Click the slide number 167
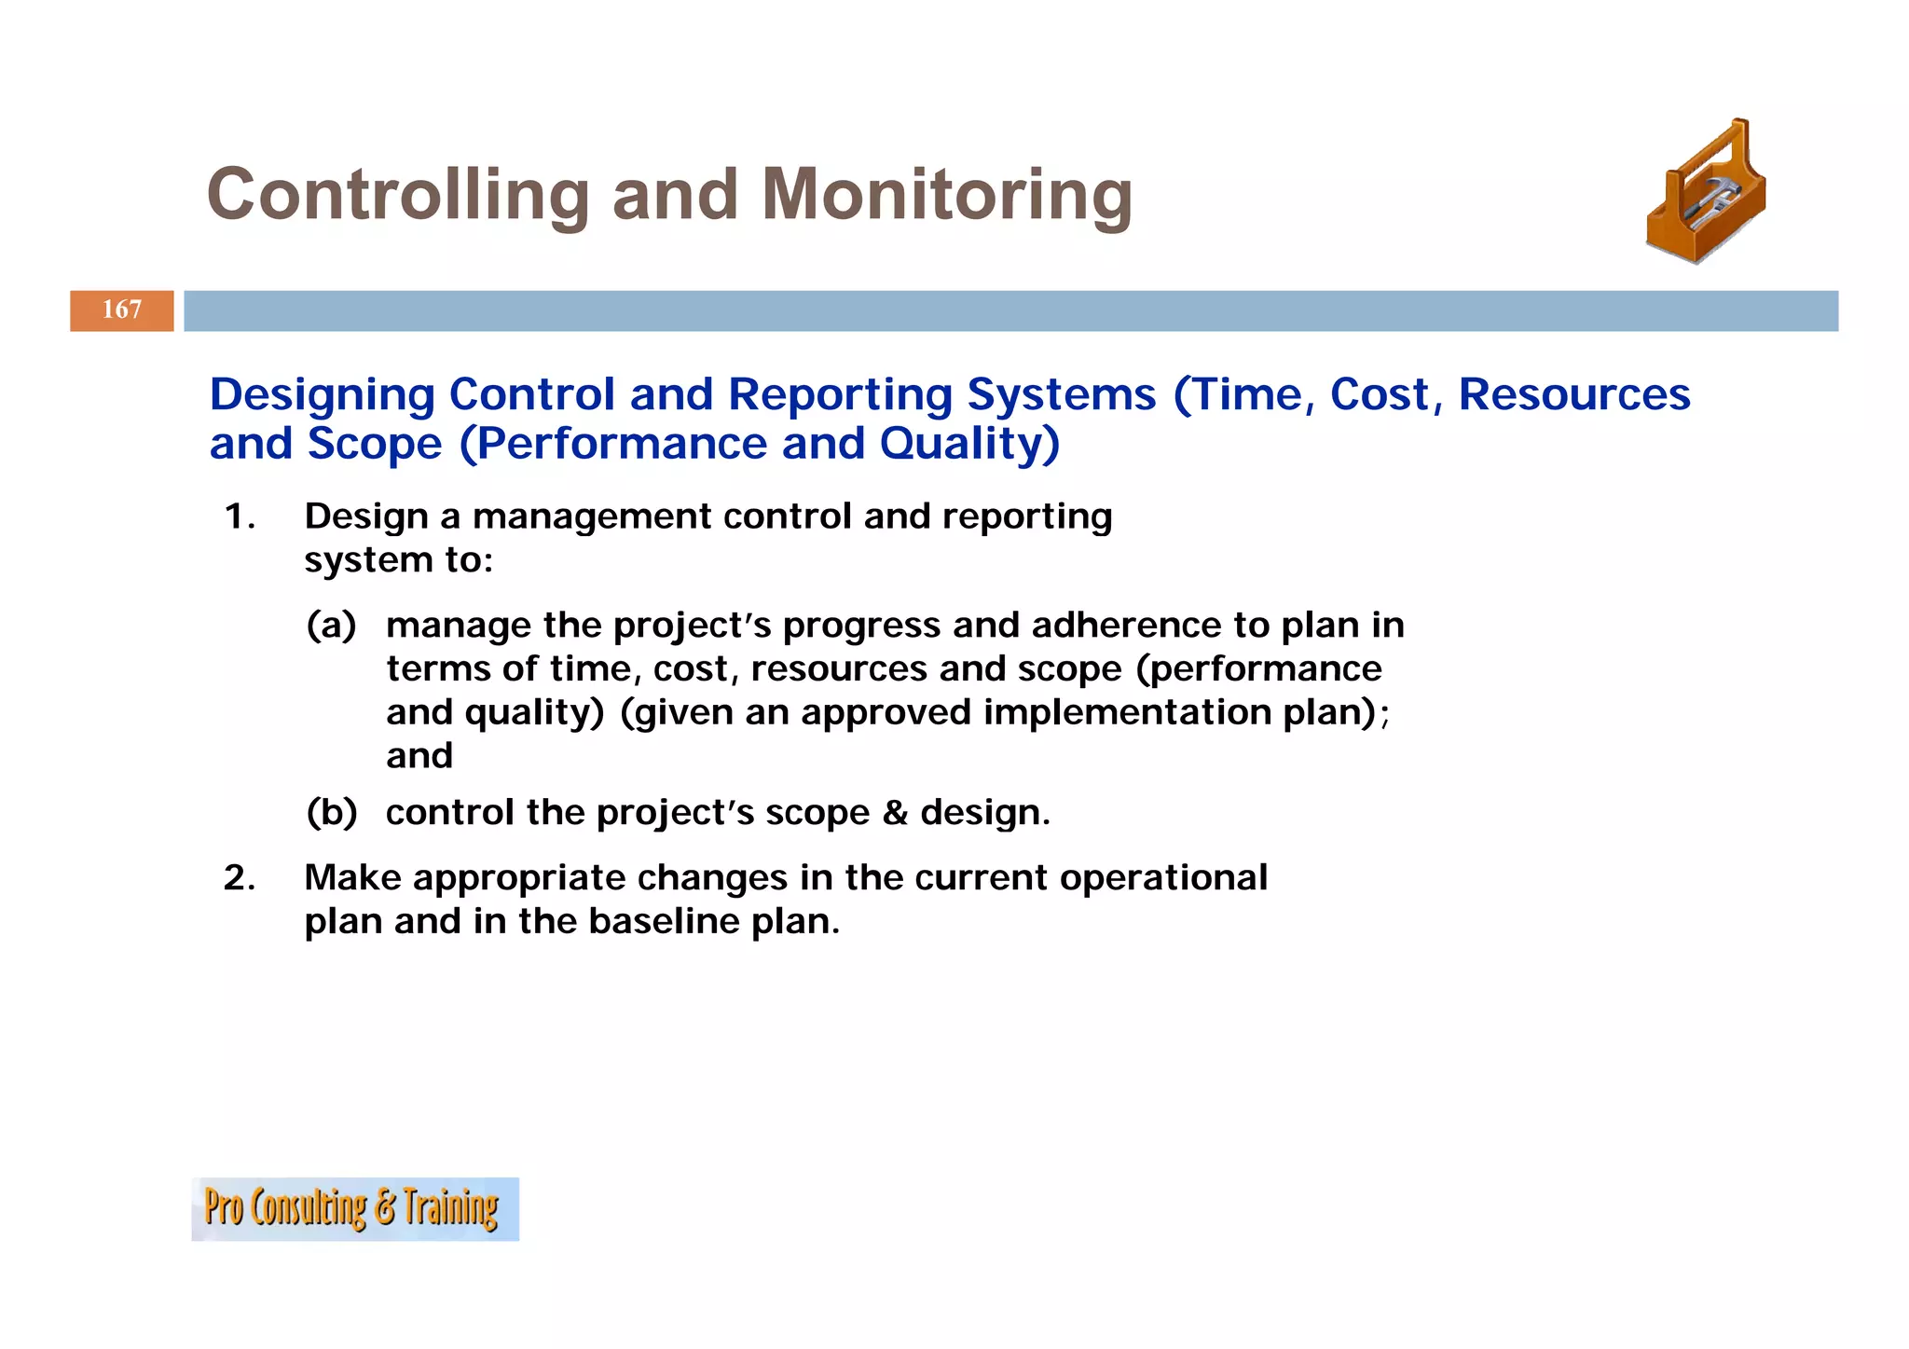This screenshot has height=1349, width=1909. point(122,310)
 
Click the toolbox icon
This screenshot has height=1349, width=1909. point(1706,193)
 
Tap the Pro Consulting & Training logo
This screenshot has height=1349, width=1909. point(354,1209)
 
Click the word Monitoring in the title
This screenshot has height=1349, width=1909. point(946,195)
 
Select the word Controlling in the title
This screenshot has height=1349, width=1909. point(398,195)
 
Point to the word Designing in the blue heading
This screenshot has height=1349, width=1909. point(322,395)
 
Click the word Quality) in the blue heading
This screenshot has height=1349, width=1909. point(969,444)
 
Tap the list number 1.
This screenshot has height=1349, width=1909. point(240,516)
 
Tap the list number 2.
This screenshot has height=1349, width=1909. point(240,878)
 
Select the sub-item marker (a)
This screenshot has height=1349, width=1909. point(332,626)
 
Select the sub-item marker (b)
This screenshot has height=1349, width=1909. point(332,813)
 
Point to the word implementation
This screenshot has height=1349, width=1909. point(1126,713)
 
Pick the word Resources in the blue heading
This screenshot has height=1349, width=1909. point(1573,395)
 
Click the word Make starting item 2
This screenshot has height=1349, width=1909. point(352,878)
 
